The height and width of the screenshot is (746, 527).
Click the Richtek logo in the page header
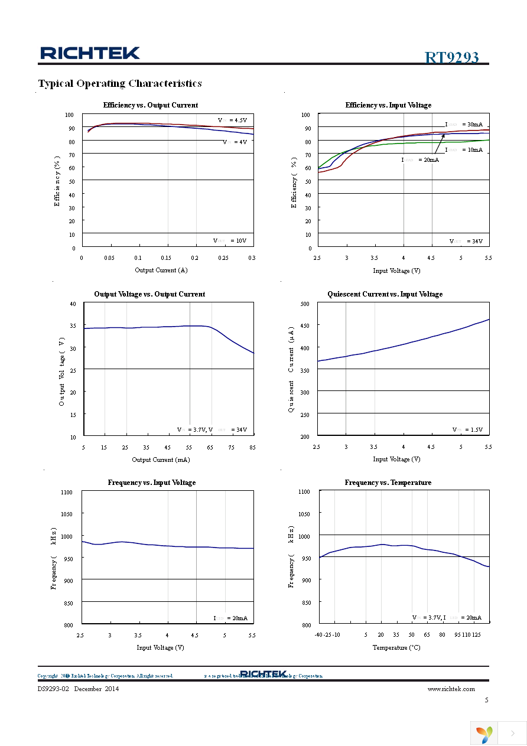click(x=90, y=53)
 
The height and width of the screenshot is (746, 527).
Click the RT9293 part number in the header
click(x=451, y=57)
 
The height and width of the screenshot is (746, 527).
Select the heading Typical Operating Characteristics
click(x=120, y=83)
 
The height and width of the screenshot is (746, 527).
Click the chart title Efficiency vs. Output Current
click(x=151, y=105)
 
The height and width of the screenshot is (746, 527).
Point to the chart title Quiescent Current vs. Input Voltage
click(x=385, y=294)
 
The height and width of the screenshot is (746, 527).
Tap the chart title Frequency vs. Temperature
click(x=388, y=483)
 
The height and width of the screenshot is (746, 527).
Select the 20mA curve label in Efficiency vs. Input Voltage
click(x=420, y=159)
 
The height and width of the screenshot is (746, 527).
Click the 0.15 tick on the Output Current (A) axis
click(x=167, y=258)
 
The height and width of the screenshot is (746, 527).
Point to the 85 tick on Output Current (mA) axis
click(x=252, y=447)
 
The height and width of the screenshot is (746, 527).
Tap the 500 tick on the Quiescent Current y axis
click(x=305, y=304)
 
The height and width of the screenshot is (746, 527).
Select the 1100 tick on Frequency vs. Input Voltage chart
click(x=67, y=492)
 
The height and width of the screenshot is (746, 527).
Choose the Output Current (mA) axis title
click(x=161, y=459)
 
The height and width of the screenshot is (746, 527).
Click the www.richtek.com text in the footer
click(x=451, y=689)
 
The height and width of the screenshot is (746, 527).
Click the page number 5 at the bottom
click(x=486, y=700)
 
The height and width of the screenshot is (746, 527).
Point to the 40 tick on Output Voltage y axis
click(x=73, y=304)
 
